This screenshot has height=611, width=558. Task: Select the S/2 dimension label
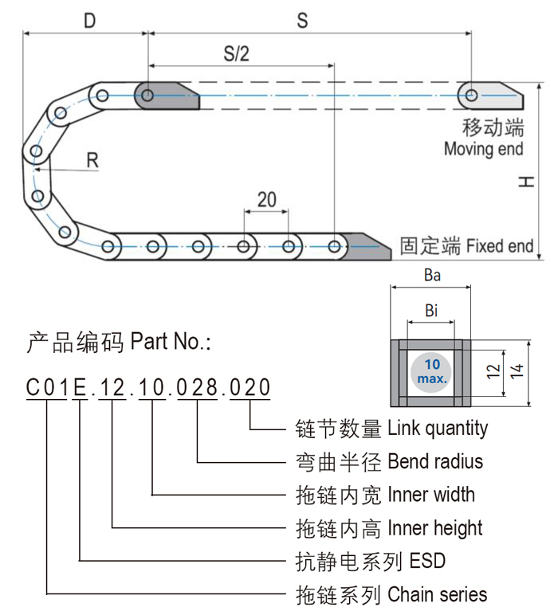(x=237, y=53)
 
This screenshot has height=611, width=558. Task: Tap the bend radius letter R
(x=92, y=159)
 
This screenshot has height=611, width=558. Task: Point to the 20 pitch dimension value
(x=266, y=198)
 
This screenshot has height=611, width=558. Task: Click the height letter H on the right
(x=524, y=182)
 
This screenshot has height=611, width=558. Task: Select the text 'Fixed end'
(x=500, y=245)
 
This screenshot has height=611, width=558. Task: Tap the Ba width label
(x=432, y=276)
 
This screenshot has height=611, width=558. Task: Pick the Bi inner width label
(x=431, y=311)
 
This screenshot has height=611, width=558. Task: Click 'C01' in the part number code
(x=46, y=388)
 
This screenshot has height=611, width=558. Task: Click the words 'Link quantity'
(x=438, y=429)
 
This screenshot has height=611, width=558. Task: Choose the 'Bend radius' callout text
(x=434, y=461)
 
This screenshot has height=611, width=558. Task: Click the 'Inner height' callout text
(x=434, y=527)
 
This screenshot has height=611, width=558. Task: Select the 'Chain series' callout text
(x=437, y=593)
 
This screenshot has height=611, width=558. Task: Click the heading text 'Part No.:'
(x=171, y=343)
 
